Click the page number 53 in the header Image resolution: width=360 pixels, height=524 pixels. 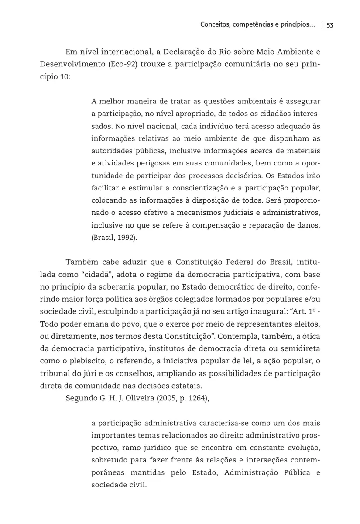329,25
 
